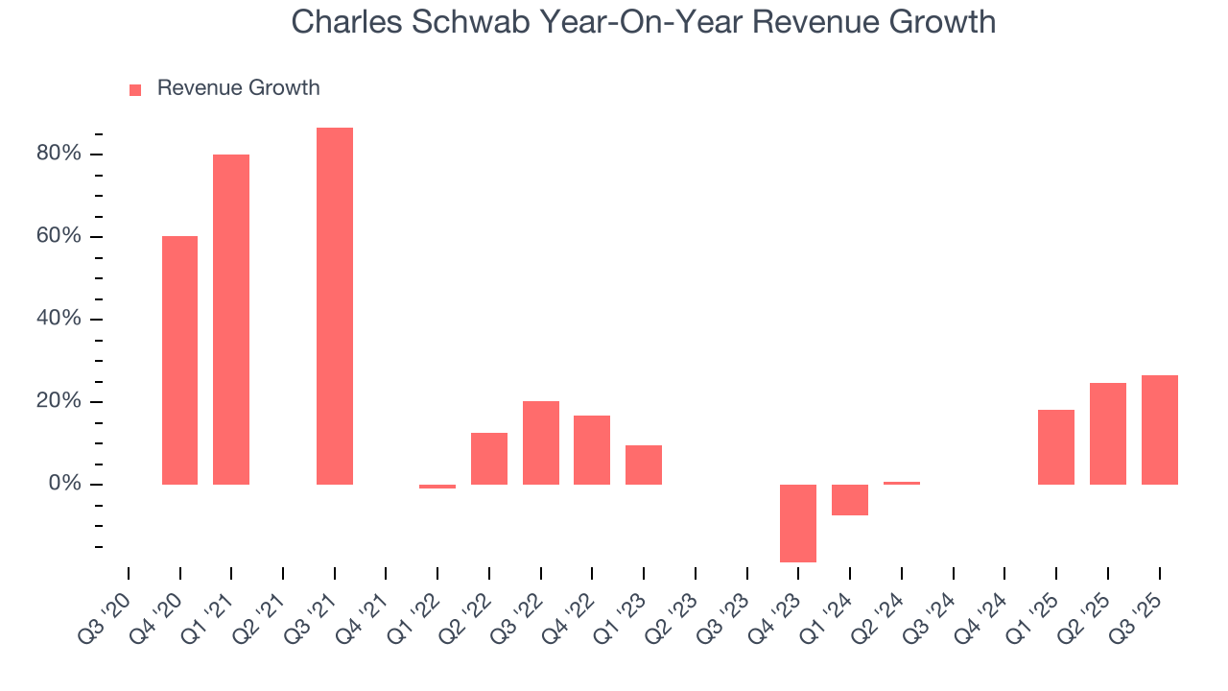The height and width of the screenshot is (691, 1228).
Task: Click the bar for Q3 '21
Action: (335, 305)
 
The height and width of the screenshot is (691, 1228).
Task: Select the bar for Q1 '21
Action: (231, 319)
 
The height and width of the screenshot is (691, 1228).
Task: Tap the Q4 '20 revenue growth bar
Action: (179, 360)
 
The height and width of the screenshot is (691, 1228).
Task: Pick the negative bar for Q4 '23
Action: (798, 523)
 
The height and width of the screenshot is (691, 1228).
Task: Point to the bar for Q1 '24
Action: (850, 500)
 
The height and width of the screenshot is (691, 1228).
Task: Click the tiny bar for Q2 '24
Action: (902, 483)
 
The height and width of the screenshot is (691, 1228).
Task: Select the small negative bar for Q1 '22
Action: (437, 487)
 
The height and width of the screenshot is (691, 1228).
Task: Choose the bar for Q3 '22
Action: (541, 442)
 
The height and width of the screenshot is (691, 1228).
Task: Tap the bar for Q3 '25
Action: (1160, 429)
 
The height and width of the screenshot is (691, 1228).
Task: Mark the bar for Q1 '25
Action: (1056, 446)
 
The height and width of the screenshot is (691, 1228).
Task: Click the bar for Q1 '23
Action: (644, 465)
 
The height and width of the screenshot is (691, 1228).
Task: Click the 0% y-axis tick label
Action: (65, 484)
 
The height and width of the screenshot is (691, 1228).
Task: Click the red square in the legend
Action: (135, 89)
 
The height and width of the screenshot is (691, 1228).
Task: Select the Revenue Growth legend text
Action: (238, 88)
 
